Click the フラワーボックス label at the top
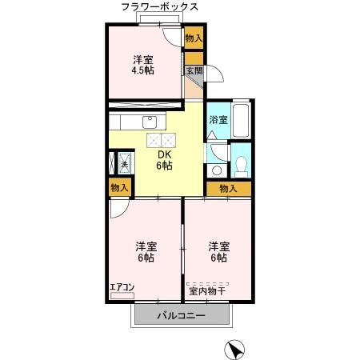pyautogui.click(x=160, y=6)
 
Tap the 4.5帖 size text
pyautogui.click(x=144, y=70)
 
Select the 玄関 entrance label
pyautogui.click(x=194, y=70)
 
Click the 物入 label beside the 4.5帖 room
pyautogui.click(x=194, y=38)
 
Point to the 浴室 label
pyautogui.click(x=218, y=119)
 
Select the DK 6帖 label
pyautogui.click(x=165, y=160)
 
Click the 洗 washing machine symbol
pyautogui.click(x=124, y=164)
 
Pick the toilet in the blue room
pyautogui.click(x=241, y=166)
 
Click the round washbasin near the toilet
pyautogui.click(x=216, y=170)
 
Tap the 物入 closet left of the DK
pyautogui.click(x=118, y=187)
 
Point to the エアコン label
pyautogui.click(x=122, y=286)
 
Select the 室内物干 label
pyautogui.click(x=206, y=290)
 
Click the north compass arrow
pyautogui.click(x=234, y=349)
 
